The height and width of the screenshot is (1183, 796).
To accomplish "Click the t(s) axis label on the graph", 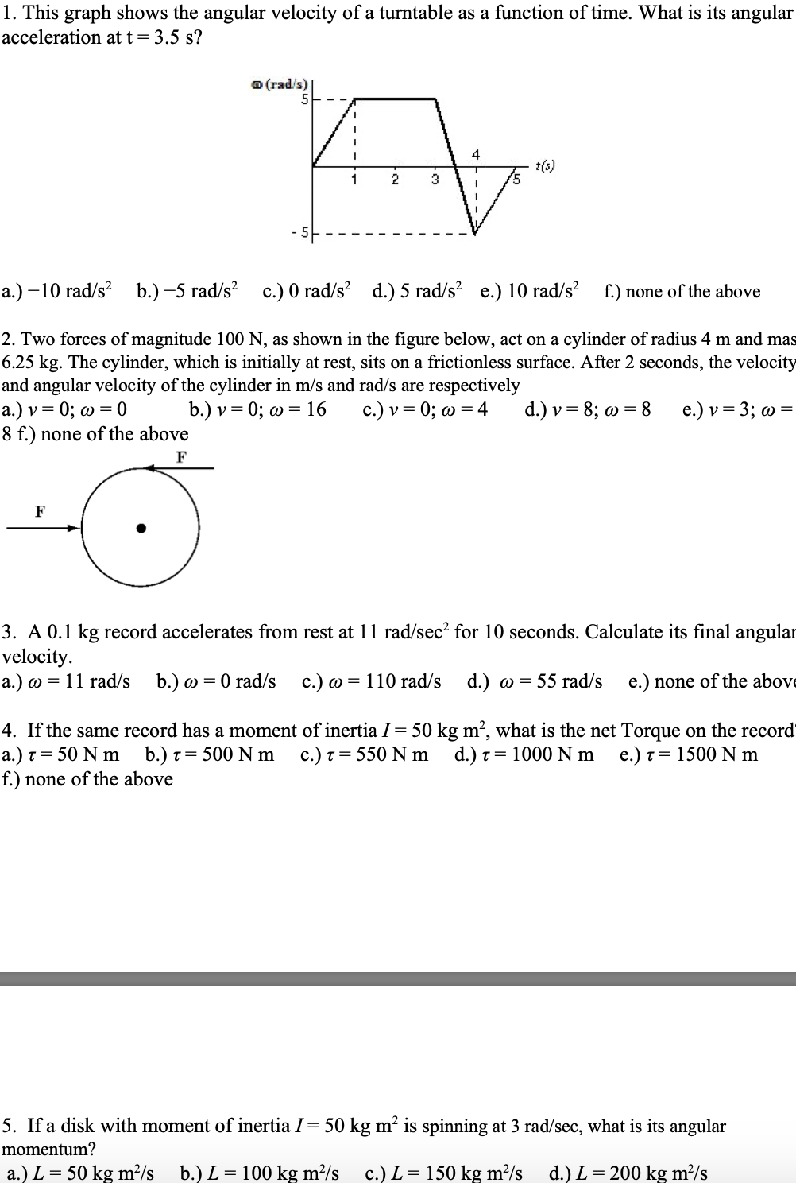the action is click(545, 166).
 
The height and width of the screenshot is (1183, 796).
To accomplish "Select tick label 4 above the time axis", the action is click(476, 153).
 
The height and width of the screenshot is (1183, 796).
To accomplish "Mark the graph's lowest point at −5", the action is click(475, 234).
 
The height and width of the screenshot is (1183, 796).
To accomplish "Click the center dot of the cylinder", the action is click(141, 527).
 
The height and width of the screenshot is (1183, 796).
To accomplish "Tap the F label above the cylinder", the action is click(182, 456).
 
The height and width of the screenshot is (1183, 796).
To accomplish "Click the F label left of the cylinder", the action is click(40, 510).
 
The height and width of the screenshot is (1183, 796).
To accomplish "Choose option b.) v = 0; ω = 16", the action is click(257, 410).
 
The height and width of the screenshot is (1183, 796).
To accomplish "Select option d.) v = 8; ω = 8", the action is click(588, 410).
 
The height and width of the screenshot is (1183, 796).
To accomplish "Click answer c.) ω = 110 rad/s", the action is click(372, 681).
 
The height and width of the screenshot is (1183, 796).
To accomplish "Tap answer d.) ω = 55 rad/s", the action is click(535, 681).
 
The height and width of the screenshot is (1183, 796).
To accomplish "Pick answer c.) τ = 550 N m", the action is click(364, 754).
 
